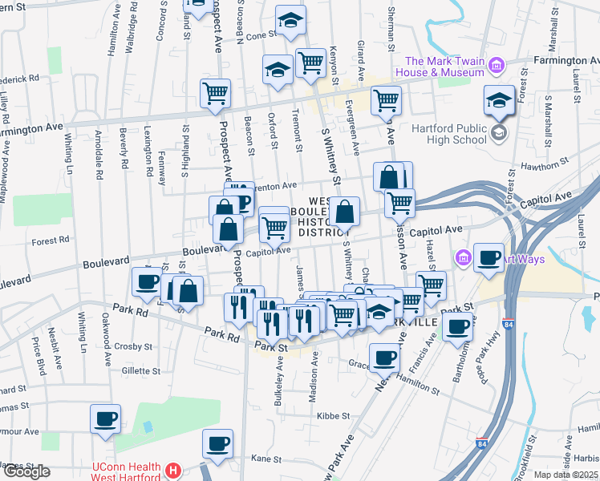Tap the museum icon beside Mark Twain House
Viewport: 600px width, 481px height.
point(496,65)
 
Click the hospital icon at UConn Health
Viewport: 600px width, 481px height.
point(172,469)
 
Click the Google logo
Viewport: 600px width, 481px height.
point(26,471)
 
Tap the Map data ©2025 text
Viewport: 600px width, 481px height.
point(566,475)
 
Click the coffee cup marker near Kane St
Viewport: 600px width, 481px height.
point(217,443)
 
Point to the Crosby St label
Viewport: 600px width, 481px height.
point(132,347)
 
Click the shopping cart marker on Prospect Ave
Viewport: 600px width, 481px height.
point(215,93)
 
